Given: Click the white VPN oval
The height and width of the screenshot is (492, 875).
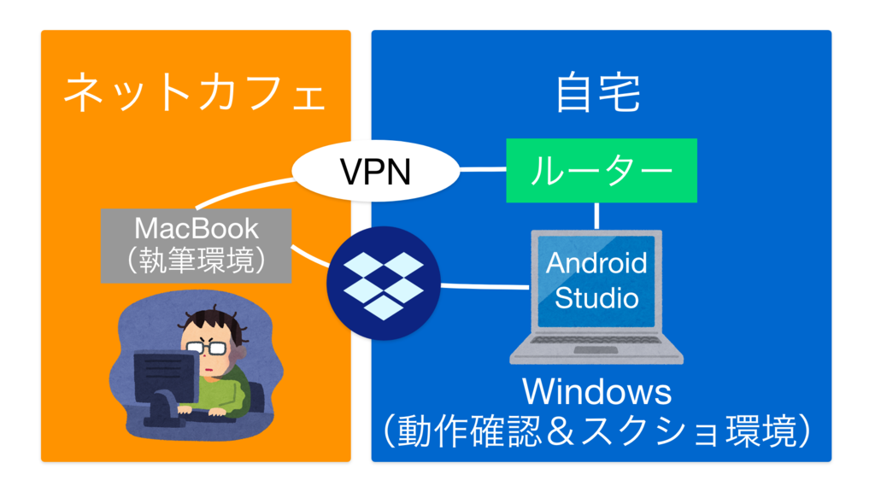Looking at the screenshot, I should pyautogui.click(x=376, y=172).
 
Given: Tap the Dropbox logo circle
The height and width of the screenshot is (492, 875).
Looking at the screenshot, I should pyautogui.click(x=383, y=284).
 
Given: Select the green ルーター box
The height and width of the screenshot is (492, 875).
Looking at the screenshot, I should pyautogui.click(x=602, y=171).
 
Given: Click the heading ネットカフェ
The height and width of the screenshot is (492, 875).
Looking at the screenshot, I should pyautogui.click(x=196, y=92).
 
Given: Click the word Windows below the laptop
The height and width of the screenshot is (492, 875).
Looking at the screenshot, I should pyautogui.click(x=596, y=392).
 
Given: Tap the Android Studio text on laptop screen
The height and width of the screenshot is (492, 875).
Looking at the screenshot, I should pyautogui.click(x=596, y=279).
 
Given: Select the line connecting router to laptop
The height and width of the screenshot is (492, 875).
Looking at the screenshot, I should pyautogui.click(x=596, y=216).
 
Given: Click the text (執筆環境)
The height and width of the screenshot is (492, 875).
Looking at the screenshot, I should pyautogui.click(x=197, y=261).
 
